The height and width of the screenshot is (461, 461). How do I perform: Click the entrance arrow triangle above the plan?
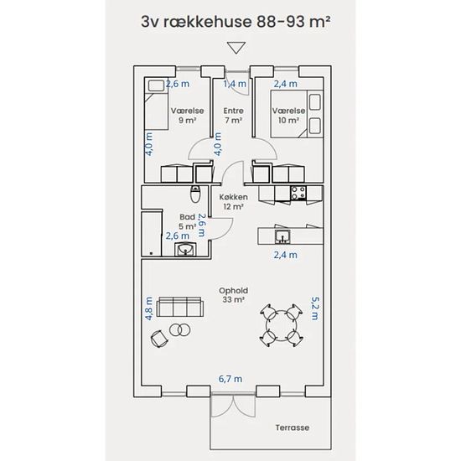236,47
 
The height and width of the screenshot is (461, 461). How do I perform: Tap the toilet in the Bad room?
195,194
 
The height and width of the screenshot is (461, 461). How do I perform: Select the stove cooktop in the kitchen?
298,193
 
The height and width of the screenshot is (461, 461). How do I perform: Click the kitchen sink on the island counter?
282,236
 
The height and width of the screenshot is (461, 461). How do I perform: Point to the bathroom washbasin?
185,250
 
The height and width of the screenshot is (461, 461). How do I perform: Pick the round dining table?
282,326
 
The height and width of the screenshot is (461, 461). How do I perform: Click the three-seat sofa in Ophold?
180,307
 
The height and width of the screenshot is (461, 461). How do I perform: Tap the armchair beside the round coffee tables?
159,339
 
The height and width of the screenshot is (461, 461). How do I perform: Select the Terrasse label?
293,427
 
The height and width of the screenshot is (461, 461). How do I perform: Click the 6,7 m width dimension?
230,379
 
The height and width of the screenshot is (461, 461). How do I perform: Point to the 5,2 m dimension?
314,308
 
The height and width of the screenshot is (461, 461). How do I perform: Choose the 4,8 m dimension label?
149,308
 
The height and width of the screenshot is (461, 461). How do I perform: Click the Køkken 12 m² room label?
234,202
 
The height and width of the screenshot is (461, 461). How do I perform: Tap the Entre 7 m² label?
234,116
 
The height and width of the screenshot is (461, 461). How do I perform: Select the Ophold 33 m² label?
234,295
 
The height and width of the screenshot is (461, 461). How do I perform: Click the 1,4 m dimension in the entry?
235,84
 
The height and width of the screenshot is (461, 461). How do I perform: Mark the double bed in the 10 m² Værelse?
297,114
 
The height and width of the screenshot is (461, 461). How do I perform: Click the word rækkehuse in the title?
208,22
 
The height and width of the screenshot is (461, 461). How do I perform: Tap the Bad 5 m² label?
188,221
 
